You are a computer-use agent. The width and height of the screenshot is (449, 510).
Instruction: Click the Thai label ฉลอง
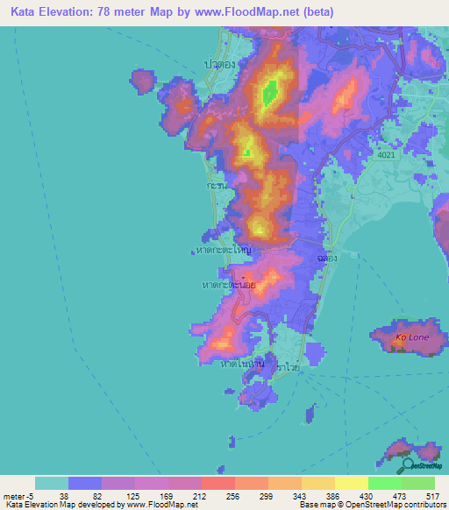(322, 260)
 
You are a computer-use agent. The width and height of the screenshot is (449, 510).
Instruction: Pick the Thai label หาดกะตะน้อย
(229, 286)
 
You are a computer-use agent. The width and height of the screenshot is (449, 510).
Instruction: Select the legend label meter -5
(18, 495)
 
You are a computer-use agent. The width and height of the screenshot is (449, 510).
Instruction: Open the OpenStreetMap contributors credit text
(395, 504)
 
